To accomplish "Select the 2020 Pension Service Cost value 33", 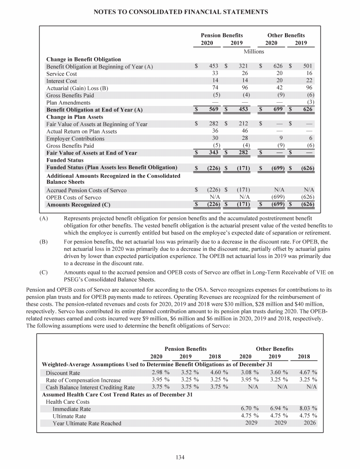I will pyautogui.click(x=215, y=74).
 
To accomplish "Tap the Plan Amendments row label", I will pyautogui.click(x=68, y=102).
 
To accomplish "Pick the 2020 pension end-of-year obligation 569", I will pyautogui.click(x=214, y=110).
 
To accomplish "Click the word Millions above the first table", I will pyautogui.click(x=254, y=51).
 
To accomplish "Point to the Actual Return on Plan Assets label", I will pyautogui.click(x=82, y=131).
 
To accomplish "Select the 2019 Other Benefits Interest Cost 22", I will pyautogui.click(x=309, y=81).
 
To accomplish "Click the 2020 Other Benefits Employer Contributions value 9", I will pyautogui.click(x=280, y=138).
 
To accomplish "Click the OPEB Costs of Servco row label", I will pyautogui.click(x=74, y=197).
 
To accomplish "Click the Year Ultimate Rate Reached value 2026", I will pyautogui.click(x=308, y=423).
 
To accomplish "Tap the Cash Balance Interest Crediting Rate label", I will pyautogui.click(x=90, y=387).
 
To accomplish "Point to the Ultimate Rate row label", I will pyautogui.click(x=69, y=416).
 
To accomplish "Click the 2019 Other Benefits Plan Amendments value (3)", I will pyautogui.click(x=310, y=102).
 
